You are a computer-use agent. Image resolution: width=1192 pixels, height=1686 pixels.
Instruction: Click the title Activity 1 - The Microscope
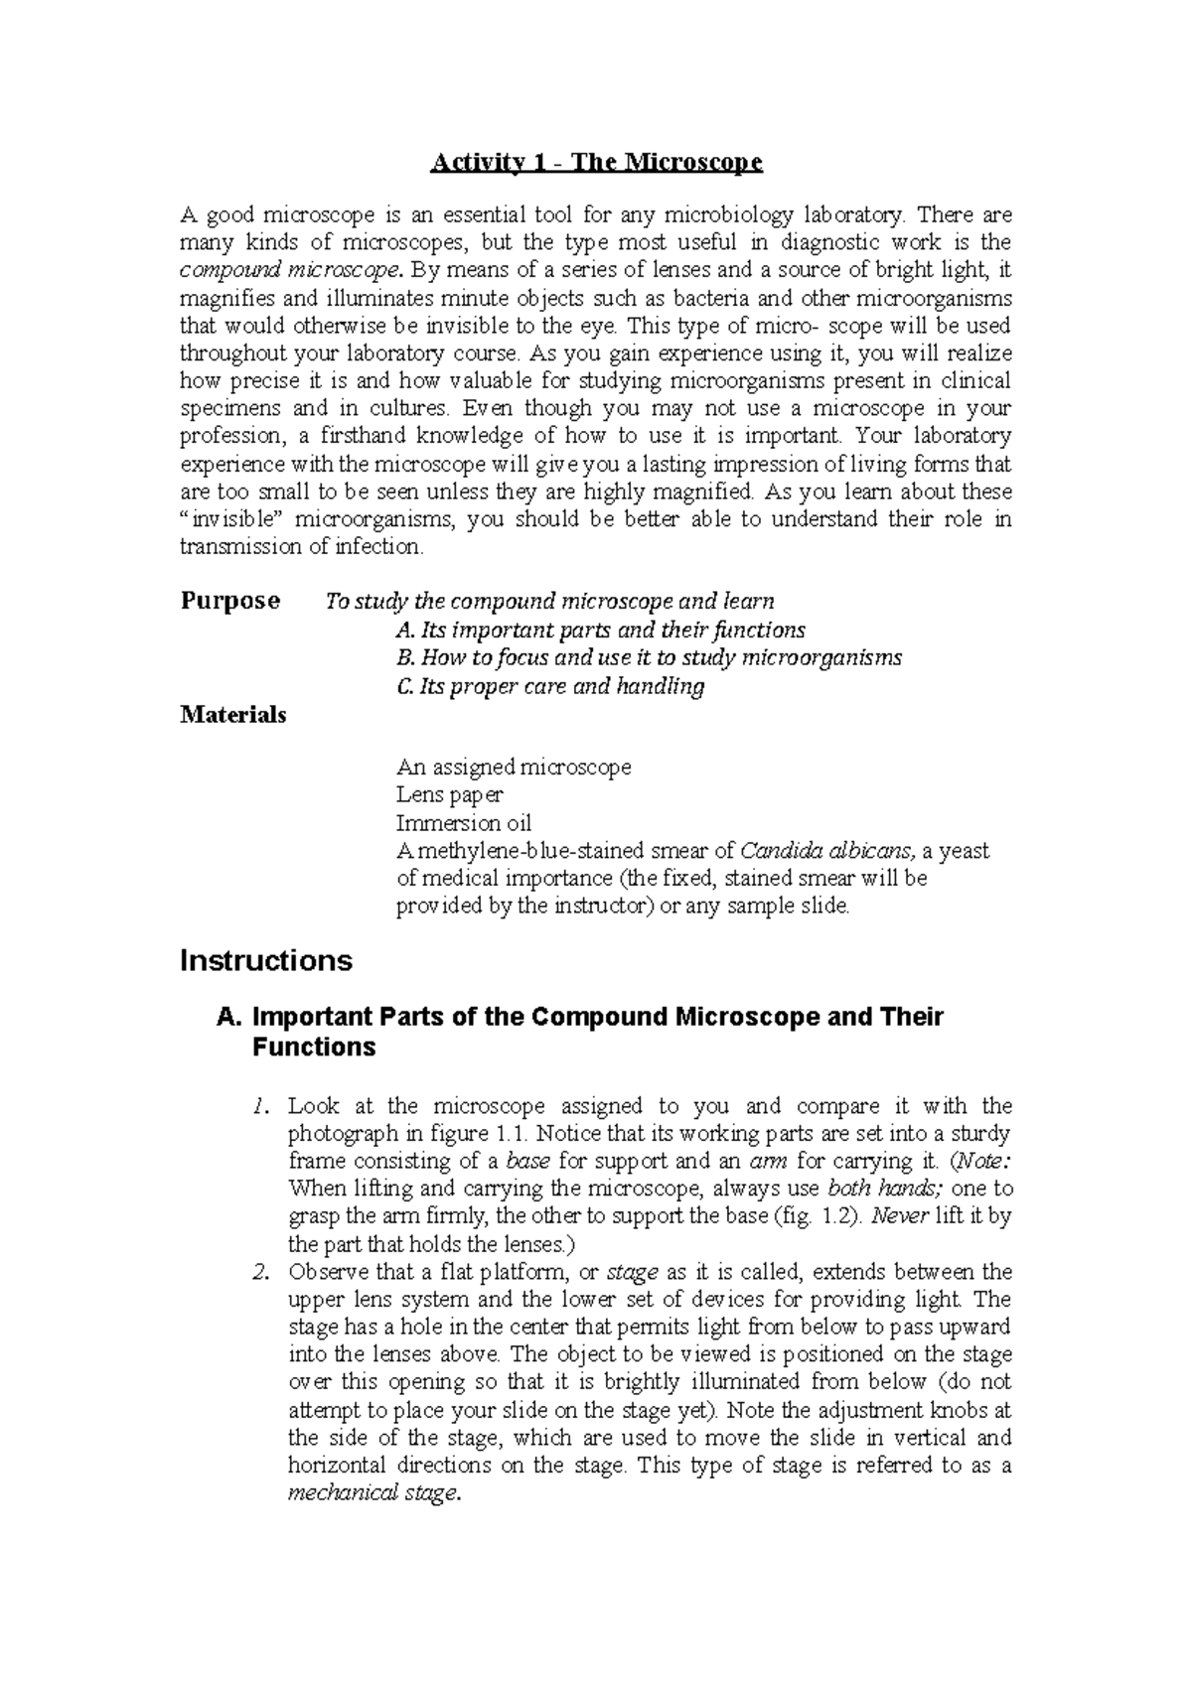[x=595, y=163]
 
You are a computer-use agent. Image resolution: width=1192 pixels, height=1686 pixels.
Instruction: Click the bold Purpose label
[x=229, y=601]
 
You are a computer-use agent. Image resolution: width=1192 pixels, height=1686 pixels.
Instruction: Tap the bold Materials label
[x=232, y=715]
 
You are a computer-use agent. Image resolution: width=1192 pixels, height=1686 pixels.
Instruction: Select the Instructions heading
[x=265, y=961]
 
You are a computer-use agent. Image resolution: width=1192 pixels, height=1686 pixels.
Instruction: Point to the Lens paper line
[x=449, y=795]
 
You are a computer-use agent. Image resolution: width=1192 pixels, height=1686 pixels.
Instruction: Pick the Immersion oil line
[x=463, y=823]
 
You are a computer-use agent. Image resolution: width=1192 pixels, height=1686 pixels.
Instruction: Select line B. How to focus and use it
[x=648, y=657]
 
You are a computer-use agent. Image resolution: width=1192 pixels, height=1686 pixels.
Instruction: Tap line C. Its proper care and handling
[x=549, y=686]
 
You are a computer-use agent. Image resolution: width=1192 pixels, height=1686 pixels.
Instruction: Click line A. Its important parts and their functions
[x=600, y=630]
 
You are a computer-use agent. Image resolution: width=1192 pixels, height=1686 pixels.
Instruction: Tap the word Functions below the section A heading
[x=314, y=1048]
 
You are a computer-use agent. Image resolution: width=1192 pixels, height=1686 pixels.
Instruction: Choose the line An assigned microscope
[x=514, y=768]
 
